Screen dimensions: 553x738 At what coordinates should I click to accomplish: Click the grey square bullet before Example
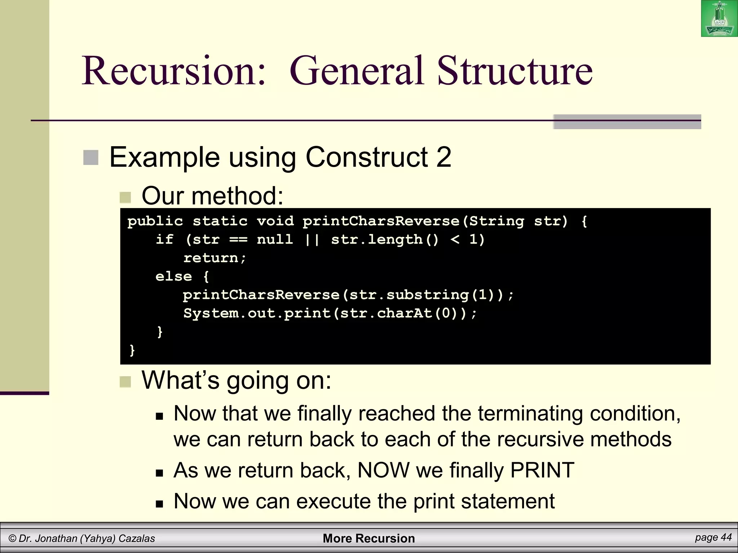pos(91,158)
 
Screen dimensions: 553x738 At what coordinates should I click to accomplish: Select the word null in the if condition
pos(275,239)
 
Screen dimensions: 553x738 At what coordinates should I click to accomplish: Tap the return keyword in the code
pos(211,258)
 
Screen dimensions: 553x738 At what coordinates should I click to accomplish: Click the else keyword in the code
pos(173,276)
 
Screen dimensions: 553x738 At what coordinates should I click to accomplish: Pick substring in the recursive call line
pos(427,295)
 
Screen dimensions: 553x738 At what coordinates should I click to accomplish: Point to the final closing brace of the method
pos(132,350)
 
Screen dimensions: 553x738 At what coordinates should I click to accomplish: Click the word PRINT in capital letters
pos(542,470)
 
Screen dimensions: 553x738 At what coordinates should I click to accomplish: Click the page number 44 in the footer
pos(726,538)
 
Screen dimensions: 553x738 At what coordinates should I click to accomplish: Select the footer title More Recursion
pos(369,538)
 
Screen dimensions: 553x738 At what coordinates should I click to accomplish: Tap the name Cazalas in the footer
pos(137,539)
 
